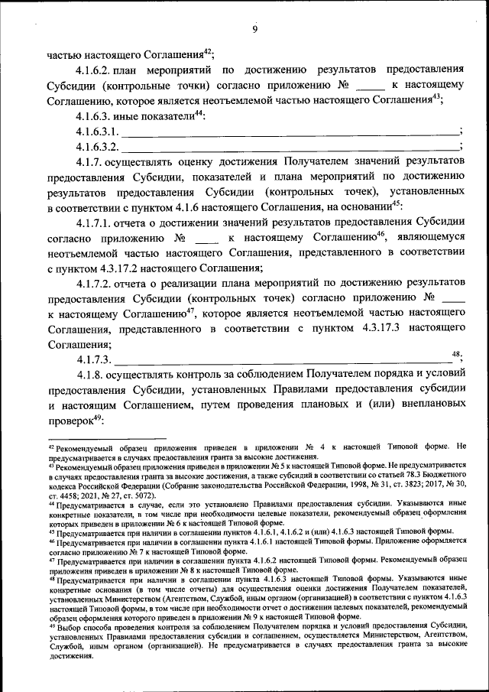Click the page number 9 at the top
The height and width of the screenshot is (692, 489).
point(254,29)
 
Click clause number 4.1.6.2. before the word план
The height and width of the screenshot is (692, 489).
point(96,70)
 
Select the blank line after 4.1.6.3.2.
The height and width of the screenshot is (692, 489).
point(290,146)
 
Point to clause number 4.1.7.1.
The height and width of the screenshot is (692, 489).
point(96,223)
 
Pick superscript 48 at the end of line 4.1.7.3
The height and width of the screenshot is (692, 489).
point(457,354)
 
